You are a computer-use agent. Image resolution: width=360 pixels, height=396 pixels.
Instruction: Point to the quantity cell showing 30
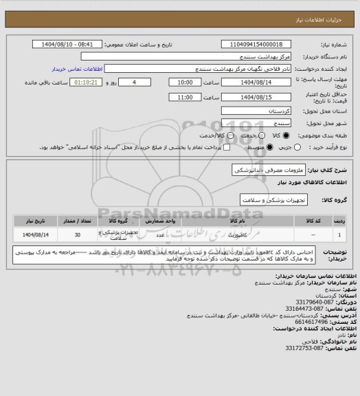click(77, 234)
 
